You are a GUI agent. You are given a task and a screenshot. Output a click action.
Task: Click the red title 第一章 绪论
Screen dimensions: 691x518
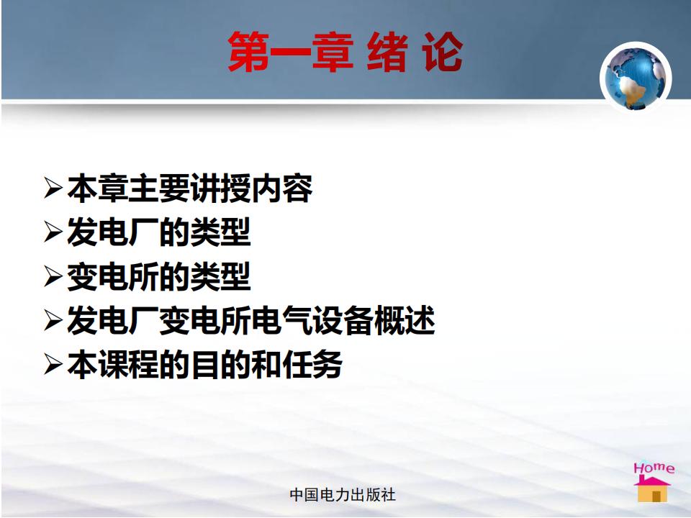345,52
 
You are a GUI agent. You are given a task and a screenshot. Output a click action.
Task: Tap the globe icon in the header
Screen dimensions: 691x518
636,78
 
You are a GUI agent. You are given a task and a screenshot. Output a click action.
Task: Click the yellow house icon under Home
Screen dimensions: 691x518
652,489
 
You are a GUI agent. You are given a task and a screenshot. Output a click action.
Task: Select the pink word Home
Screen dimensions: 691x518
654,468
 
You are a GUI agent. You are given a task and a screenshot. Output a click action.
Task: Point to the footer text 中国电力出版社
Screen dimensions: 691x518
343,495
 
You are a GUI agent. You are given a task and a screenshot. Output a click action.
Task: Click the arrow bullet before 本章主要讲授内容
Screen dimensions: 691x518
53,188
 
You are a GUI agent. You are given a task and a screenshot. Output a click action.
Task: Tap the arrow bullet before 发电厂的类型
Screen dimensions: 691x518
53,232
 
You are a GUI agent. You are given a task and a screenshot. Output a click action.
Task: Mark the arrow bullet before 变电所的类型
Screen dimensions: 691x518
53,276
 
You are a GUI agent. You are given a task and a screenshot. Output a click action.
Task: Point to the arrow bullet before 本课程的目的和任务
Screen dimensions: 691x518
53,365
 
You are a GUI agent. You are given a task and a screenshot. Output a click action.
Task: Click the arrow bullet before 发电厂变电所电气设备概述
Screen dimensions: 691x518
53,320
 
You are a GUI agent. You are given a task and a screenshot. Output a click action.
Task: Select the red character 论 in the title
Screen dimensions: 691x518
443,52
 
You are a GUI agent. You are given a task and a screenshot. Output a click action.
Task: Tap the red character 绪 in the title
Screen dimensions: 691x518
387,52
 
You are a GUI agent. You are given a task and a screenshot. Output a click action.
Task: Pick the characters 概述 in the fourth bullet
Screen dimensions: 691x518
405,320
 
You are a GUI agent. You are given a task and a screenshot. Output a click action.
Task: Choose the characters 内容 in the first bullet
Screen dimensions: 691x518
282,188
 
